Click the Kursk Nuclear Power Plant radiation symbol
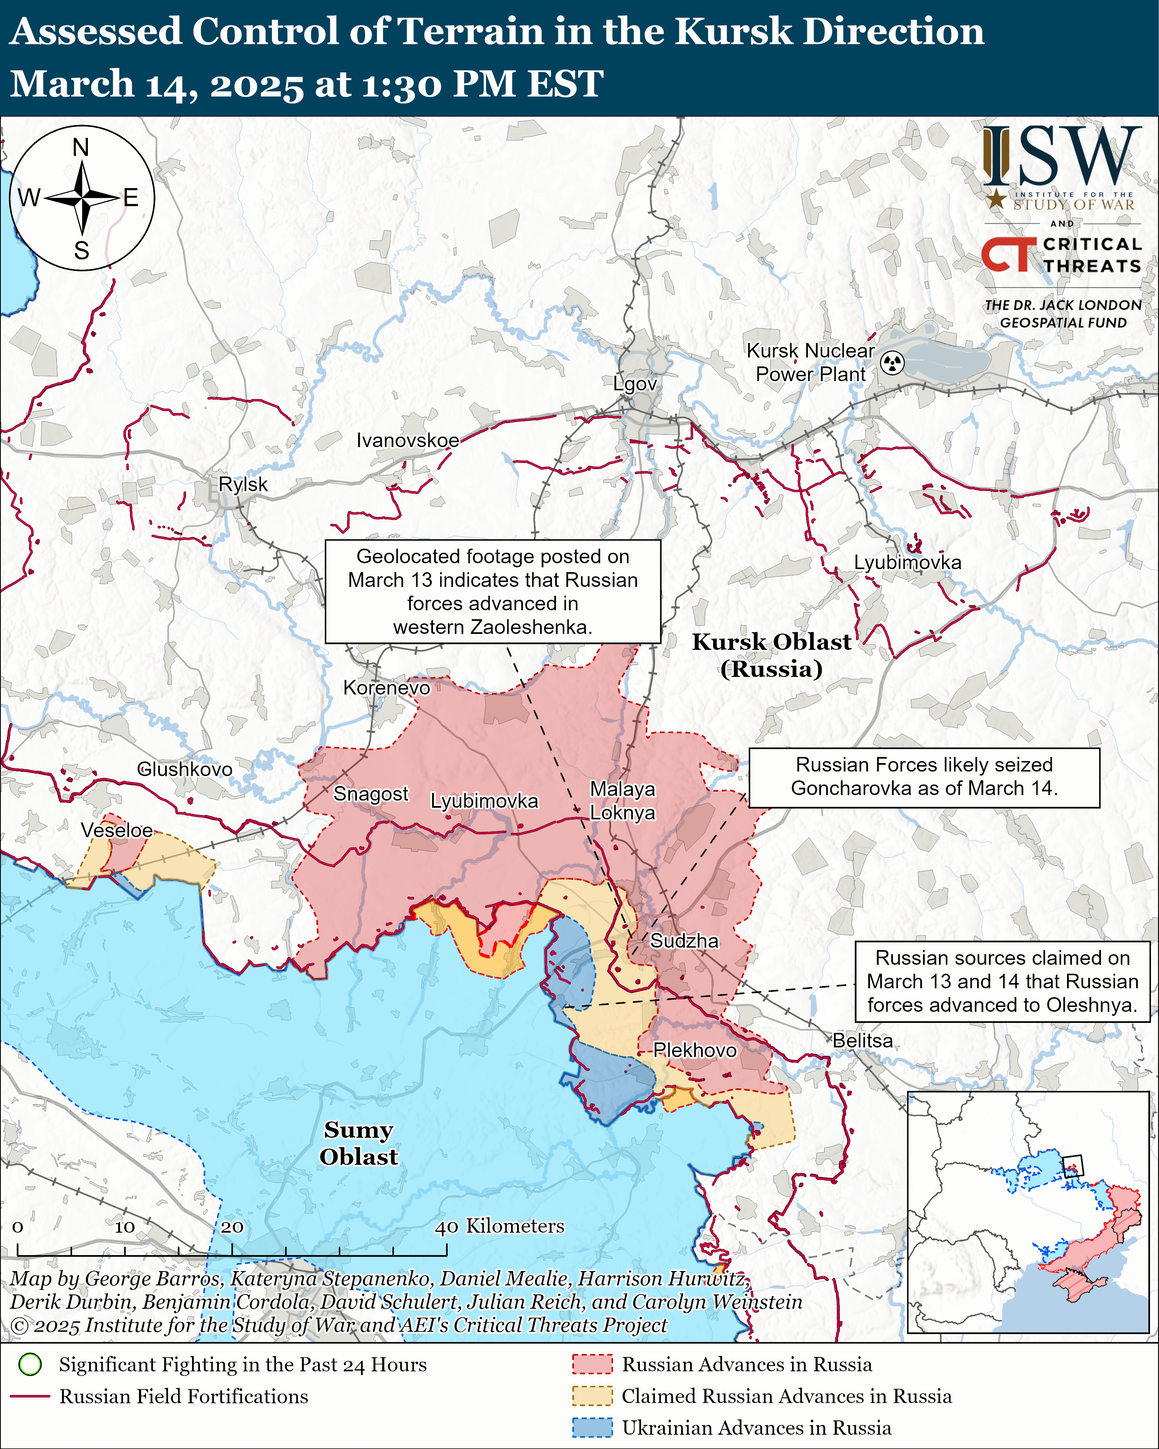point(892,363)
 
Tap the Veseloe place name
point(117,830)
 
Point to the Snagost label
point(371,794)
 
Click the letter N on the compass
point(81,147)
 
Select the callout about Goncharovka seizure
point(924,777)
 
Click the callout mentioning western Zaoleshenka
point(493,591)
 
